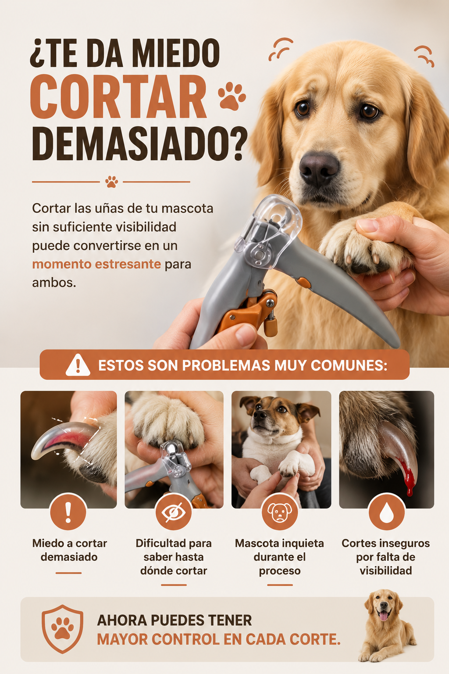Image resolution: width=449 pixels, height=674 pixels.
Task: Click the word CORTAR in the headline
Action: click(x=118, y=97)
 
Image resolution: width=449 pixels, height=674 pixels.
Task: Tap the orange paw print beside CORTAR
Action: click(x=231, y=96)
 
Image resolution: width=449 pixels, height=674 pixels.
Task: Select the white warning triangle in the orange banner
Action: click(x=78, y=365)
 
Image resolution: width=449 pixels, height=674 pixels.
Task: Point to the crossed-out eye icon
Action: click(x=174, y=513)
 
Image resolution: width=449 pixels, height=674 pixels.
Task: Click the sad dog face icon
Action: click(x=280, y=513)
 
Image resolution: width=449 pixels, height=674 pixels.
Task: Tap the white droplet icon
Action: click(x=386, y=513)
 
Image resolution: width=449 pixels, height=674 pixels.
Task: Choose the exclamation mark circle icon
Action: click(x=68, y=513)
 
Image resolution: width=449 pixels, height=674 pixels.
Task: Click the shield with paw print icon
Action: click(x=62, y=628)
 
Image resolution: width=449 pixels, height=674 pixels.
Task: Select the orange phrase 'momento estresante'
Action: click(x=96, y=264)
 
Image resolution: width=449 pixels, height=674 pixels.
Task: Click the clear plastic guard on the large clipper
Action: click(x=267, y=229)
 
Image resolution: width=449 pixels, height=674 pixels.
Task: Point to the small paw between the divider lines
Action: click(x=111, y=182)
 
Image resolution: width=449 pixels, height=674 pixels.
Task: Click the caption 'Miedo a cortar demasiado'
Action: click(x=69, y=550)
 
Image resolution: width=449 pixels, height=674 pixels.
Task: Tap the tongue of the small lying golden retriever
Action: click(x=383, y=616)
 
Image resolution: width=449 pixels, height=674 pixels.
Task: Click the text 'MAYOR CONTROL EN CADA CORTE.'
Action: click(x=219, y=639)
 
